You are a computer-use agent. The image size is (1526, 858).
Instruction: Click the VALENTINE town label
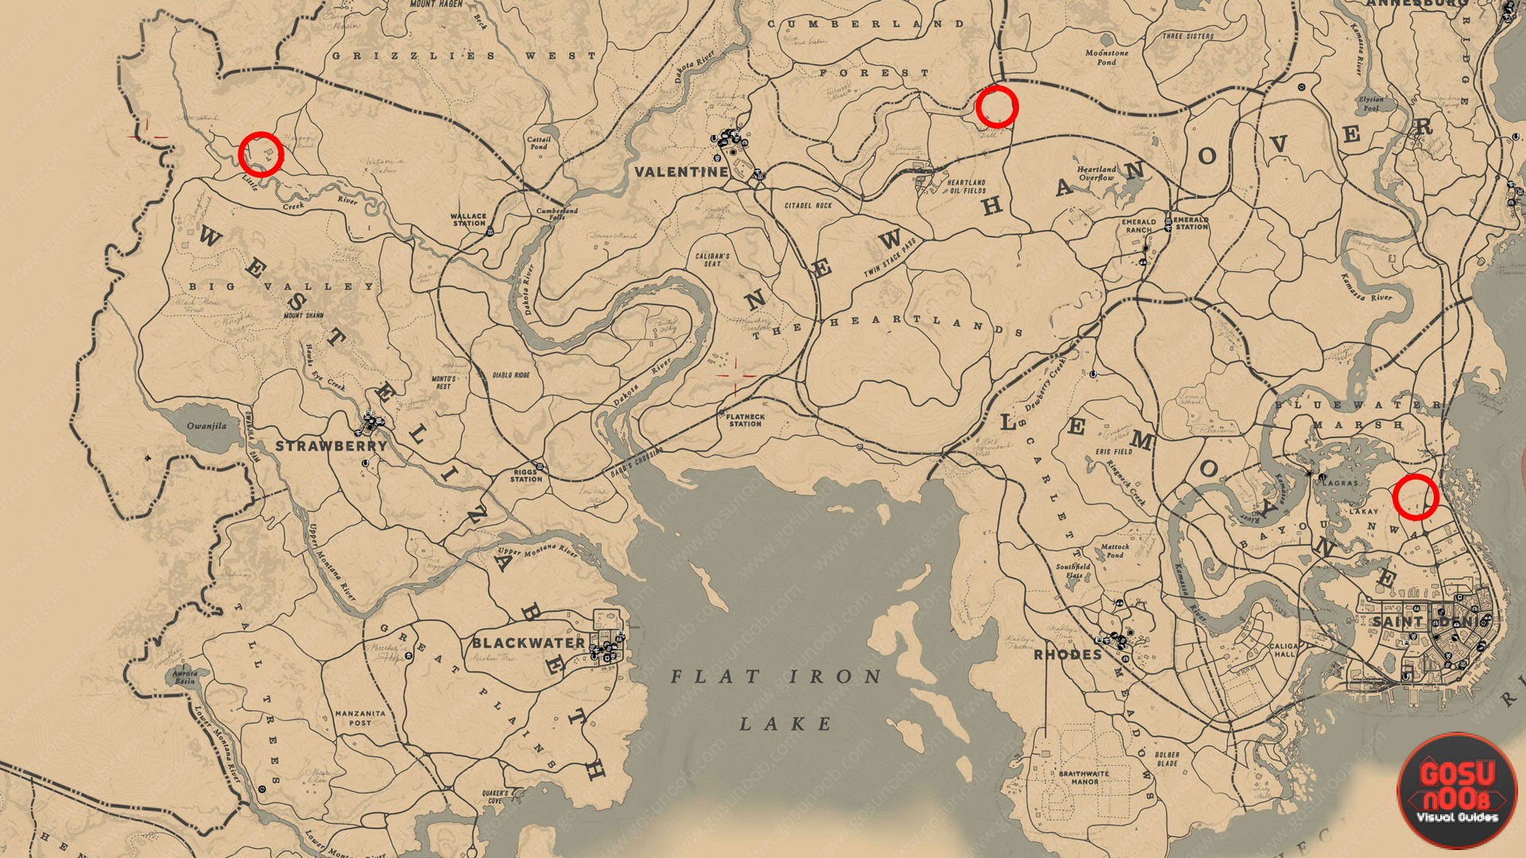pyautogui.click(x=681, y=172)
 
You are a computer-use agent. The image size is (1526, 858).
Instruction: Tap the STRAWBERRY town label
pyautogui.click(x=331, y=446)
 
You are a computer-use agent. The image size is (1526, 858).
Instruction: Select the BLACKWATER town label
pyautogui.click(x=529, y=643)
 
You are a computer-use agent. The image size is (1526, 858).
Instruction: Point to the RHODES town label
pyautogui.click(x=1067, y=655)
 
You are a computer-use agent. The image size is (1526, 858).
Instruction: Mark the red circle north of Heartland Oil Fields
pyautogui.click(x=997, y=107)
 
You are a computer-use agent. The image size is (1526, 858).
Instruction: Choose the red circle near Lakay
pyautogui.click(x=1416, y=497)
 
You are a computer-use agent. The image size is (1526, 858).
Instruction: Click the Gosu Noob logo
pyautogui.click(x=1457, y=790)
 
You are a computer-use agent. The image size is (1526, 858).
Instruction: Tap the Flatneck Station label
pyautogui.click(x=746, y=420)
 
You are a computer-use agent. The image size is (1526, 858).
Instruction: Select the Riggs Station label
pyautogui.click(x=526, y=476)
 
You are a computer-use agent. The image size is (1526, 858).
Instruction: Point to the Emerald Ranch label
pyautogui.click(x=1139, y=226)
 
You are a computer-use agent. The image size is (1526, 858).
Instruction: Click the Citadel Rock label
pyautogui.click(x=808, y=205)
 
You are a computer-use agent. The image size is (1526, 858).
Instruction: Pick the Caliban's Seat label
pyautogui.click(x=712, y=260)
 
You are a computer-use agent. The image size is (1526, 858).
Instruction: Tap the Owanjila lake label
pyautogui.click(x=207, y=426)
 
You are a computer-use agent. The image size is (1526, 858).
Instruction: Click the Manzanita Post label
pyautogui.click(x=360, y=718)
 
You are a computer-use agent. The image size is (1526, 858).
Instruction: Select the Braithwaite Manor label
pyautogui.click(x=1084, y=777)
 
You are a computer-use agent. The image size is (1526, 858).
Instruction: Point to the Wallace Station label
pyautogui.click(x=468, y=219)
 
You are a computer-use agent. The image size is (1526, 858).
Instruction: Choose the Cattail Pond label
pyautogui.click(x=539, y=142)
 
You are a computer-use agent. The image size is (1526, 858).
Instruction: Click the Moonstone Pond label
pyautogui.click(x=1106, y=57)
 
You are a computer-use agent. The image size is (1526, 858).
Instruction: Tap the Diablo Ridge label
pyautogui.click(x=511, y=375)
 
